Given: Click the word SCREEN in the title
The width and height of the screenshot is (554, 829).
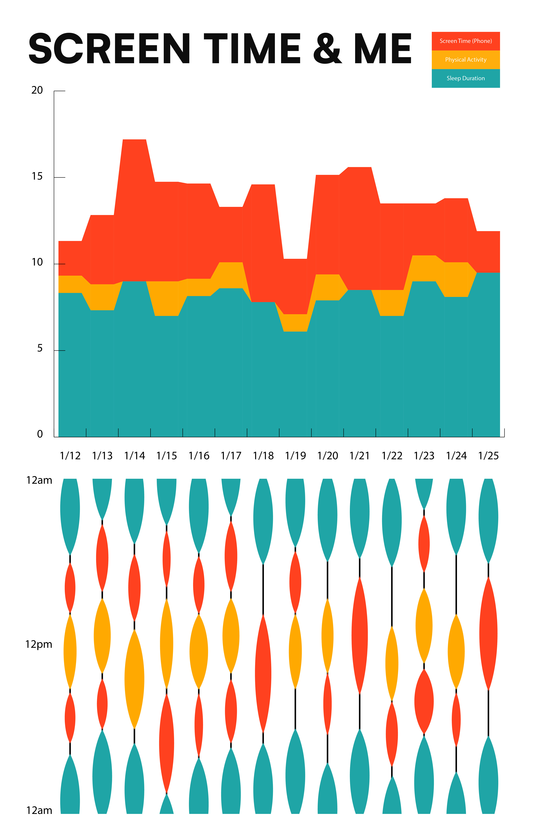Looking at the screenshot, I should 110,49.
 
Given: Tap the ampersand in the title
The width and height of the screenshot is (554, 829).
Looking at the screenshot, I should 327,49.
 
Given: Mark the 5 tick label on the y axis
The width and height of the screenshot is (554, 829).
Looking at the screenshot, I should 40,348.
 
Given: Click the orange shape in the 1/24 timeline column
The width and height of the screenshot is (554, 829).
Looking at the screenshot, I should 456,652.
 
